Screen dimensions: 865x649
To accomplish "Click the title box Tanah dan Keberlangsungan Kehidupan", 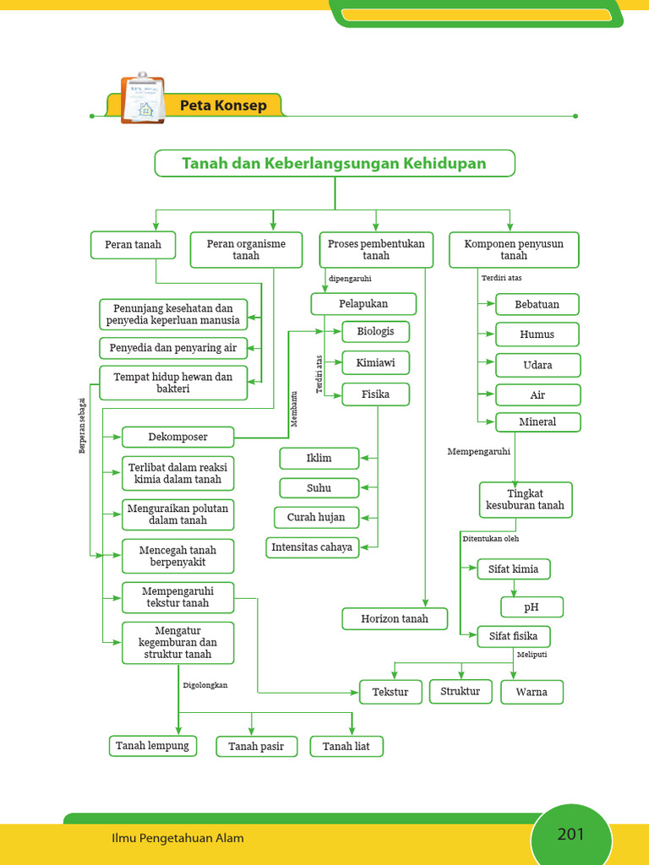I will click(x=334, y=163).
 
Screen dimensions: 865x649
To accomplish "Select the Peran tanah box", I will click(x=133, y=245).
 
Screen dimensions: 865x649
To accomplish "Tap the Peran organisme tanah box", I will click(x=246, y=249).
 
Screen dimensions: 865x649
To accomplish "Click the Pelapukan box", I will click(x=363, y=303).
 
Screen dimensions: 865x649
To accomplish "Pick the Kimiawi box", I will click(x=375, y=363).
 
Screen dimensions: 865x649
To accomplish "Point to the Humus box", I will click(x=537, y=335).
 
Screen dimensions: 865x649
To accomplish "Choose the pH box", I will click(x=532, y=607).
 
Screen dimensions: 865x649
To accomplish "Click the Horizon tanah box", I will click(x=395, y=618).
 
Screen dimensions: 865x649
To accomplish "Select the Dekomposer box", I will click(x=177, y=437).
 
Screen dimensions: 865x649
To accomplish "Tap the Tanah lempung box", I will click(x=153, y=746).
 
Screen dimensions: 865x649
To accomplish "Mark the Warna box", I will click(x=532, y=692).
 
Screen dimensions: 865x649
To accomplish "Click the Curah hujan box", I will click(x=316, y=517).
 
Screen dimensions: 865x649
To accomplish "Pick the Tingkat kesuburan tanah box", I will click(x=525, y=500).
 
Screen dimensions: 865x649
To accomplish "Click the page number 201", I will click(x=571, y=835).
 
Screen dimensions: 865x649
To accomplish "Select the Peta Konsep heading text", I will click(x=223, y=106).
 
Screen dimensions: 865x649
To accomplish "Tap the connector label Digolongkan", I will click(x=205, y=685).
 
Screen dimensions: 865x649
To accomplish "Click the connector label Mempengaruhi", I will click(x=478, y=452).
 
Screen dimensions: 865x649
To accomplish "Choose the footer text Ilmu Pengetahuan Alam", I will click(x=177, y=838).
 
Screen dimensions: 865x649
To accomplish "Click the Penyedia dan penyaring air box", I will click(x=173, y=347).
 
